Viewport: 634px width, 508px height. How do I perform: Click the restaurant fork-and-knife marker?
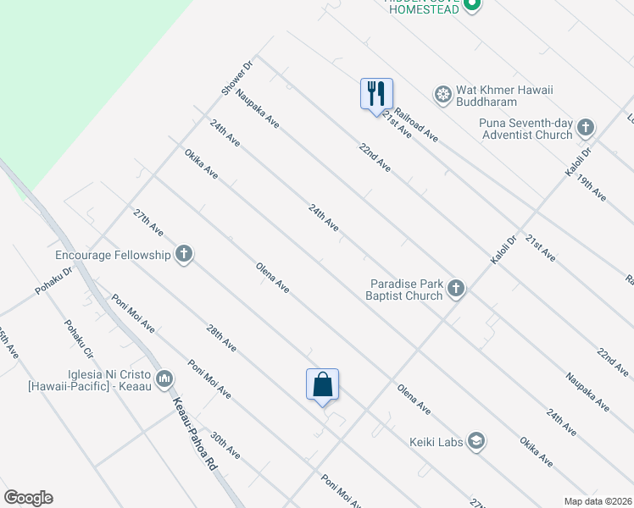pos(376,94)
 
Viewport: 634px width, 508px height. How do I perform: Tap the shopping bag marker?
pos(322,385)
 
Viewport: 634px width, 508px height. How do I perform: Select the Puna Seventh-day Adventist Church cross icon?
pos(585,129)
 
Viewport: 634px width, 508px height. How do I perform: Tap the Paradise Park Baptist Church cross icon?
pos(456,290)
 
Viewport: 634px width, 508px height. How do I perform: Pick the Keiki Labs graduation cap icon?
pos(475,440)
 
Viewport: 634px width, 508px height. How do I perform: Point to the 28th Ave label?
pos(221,338)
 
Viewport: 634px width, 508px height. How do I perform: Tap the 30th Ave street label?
pos(225,446)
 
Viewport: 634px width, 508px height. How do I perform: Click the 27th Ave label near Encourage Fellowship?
pos(148,222)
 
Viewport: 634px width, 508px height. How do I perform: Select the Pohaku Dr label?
pos(54,279)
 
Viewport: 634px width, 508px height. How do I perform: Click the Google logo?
pos(28,498)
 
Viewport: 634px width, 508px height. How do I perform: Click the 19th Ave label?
pos(592,187)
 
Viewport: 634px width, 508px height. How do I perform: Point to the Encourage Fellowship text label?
pos(114,254)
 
